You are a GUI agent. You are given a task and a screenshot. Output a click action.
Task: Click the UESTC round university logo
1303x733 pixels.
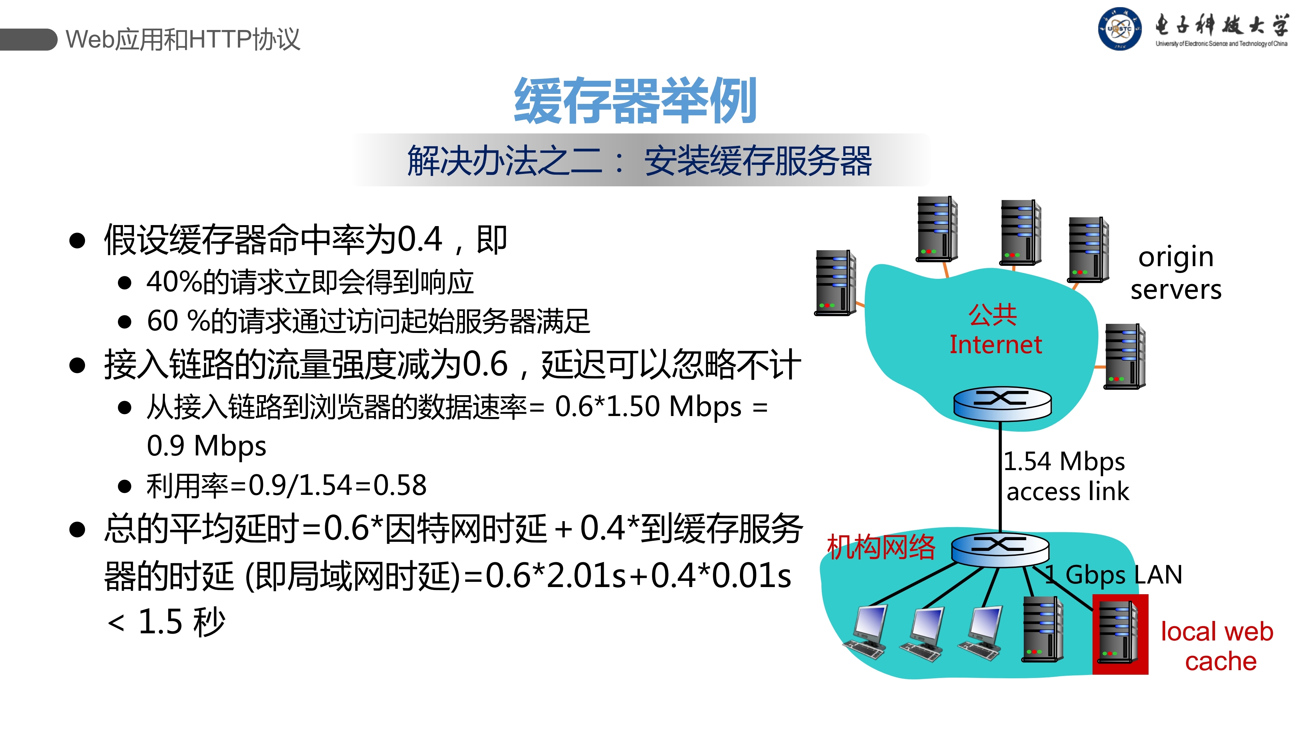[1119, 29]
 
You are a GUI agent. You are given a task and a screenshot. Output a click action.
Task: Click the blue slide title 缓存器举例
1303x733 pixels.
[635, 101]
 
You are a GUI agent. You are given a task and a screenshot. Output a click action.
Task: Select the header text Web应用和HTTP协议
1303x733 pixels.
[183, 39]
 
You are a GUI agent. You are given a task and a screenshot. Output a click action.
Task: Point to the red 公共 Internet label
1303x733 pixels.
[994, 330]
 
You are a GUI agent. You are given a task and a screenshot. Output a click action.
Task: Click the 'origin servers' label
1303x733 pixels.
[1176, 273]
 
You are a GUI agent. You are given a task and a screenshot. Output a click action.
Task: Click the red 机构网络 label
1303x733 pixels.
[881, 547]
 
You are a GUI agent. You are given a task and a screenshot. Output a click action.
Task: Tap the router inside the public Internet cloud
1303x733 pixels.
[1002, 404]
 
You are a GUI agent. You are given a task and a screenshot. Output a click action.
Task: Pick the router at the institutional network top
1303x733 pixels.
[1000, 549]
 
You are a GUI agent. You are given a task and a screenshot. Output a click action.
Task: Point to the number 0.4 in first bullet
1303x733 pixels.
[420, 239]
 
